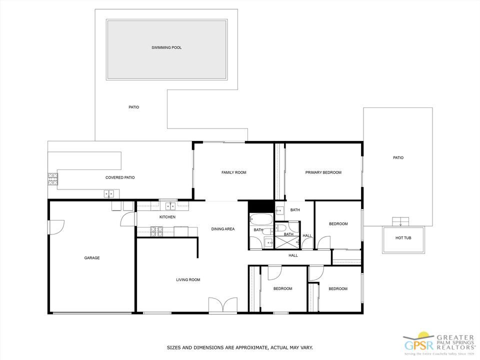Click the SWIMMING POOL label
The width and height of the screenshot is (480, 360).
[166, 48]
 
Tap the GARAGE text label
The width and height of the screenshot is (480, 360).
[91, 258]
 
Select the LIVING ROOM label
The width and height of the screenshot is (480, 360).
[188, 280]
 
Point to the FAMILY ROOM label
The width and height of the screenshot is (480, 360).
[233, 172]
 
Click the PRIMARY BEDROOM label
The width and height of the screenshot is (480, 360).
[323, 172]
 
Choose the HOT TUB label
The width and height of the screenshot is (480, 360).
[403, 238]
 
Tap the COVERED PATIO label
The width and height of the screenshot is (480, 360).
[119, 177]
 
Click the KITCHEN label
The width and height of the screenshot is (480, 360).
[167, 217]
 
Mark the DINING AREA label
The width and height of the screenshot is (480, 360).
[223, 229]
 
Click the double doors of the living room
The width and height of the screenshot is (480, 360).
[223, 305]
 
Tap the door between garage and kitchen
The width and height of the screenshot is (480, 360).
[128, 219]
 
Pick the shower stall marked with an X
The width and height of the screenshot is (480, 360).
[286, 243]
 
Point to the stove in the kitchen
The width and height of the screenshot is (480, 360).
[156, 231]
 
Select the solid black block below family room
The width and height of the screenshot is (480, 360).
[260, 206]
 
